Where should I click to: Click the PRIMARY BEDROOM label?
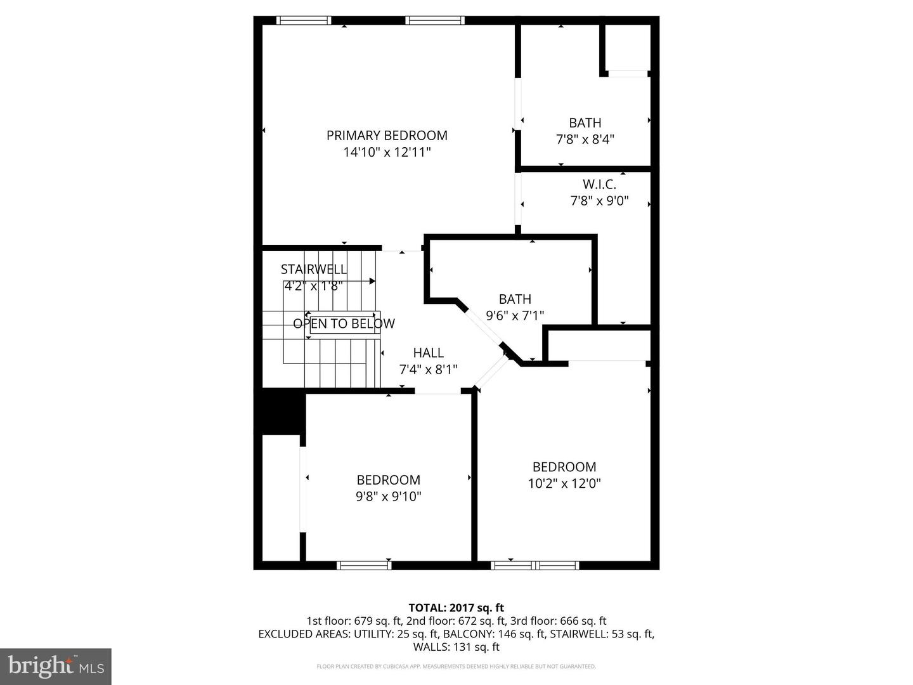[387, 135]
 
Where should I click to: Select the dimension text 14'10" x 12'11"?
[387, 152]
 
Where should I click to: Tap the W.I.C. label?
[599, 185]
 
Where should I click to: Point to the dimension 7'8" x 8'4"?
[585, 140]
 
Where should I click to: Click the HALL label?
[428, 353]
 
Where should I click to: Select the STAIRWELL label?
[314, 269]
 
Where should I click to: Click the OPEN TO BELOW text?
[344, 323]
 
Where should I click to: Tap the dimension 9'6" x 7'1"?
[515, 315]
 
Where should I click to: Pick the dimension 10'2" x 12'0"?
[564, 483]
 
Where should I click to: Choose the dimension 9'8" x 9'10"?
[388, 497]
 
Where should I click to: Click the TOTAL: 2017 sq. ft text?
[456, 608]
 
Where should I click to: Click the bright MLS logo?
[56, 666]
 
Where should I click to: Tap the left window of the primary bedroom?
[304, 20]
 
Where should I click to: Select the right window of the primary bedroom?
[435, 20]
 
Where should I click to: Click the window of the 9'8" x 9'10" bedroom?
[364, 565]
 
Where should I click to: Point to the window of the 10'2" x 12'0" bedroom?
[535, 565]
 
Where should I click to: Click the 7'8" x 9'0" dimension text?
[599, 201]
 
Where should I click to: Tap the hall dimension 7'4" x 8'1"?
[428, 369]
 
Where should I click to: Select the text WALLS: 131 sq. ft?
[456, 647]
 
